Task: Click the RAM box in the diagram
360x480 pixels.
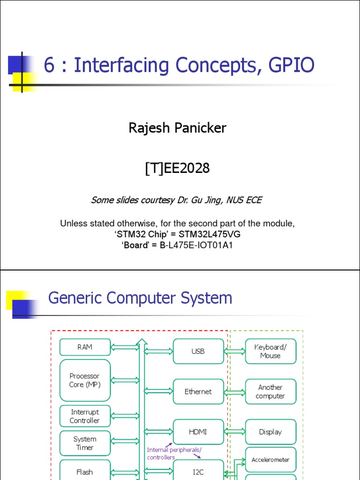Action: [85, 347]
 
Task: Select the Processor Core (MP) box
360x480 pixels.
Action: [85, 380]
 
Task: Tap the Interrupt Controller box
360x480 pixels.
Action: [85, 416]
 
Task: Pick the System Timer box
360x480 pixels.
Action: [85, 443]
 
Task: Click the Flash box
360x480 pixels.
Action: [85, 471]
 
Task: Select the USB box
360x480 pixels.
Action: [198, 351]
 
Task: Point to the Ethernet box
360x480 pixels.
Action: [198, 391]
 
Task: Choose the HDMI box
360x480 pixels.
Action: [198, 432]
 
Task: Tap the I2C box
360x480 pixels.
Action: [198, 471]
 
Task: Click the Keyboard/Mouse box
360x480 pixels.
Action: [270, 351]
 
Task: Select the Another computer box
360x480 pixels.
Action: [270, 391]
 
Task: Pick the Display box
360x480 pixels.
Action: [270, 432]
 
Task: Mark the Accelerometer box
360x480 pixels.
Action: [270, 460]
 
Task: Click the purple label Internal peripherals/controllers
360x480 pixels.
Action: [174, 453]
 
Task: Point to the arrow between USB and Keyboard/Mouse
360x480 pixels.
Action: [235, 351]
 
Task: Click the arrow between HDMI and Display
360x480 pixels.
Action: [235, 432]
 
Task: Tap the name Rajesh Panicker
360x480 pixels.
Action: [177, 128]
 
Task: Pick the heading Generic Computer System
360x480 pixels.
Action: [140, 298]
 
